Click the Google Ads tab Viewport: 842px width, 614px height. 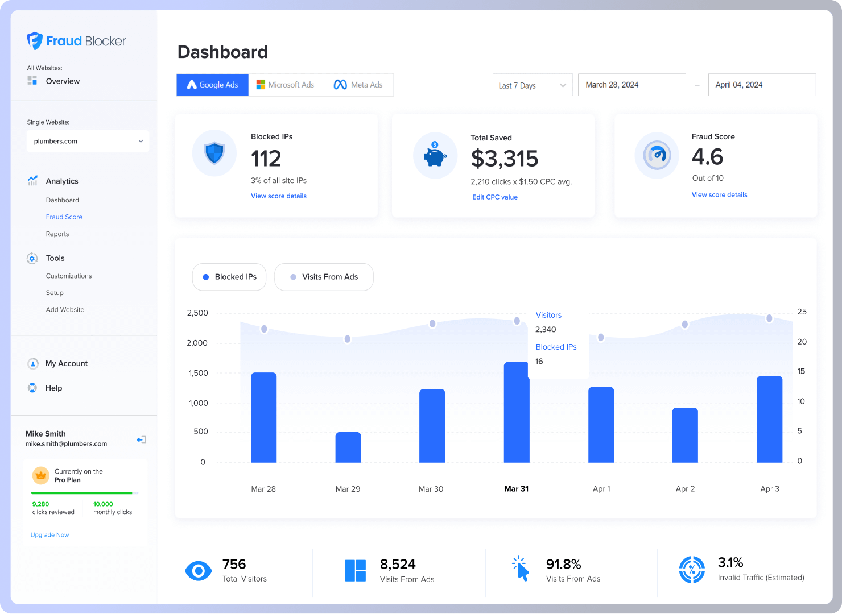(212, 85)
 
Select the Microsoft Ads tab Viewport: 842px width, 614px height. (285, 85)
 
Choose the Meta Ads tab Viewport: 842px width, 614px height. (357, 85)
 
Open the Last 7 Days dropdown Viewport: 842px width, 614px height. (533, 85)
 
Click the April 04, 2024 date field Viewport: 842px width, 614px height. (761, 85)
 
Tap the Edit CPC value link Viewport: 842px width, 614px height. (495, 197)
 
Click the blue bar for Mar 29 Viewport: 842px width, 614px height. (348, 447)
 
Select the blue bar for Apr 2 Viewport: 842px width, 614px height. (685, 435)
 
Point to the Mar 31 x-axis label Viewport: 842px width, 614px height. (517, 489)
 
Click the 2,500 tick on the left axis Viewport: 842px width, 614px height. (197, 313)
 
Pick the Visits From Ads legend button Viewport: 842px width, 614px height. (324, 277)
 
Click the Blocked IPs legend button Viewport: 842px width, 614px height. (229, 277)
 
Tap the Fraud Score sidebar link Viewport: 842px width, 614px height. (64, 217)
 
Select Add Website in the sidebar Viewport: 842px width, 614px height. (65, 310)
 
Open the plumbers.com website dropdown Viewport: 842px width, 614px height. (88, 141)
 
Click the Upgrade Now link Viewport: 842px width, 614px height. (49, 535)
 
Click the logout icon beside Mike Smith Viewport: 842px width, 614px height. (141, 439)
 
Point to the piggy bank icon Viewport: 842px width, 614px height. (435, 155)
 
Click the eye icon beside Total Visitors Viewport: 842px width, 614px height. (199, 571)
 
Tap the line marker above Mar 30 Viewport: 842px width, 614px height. (432, 323)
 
